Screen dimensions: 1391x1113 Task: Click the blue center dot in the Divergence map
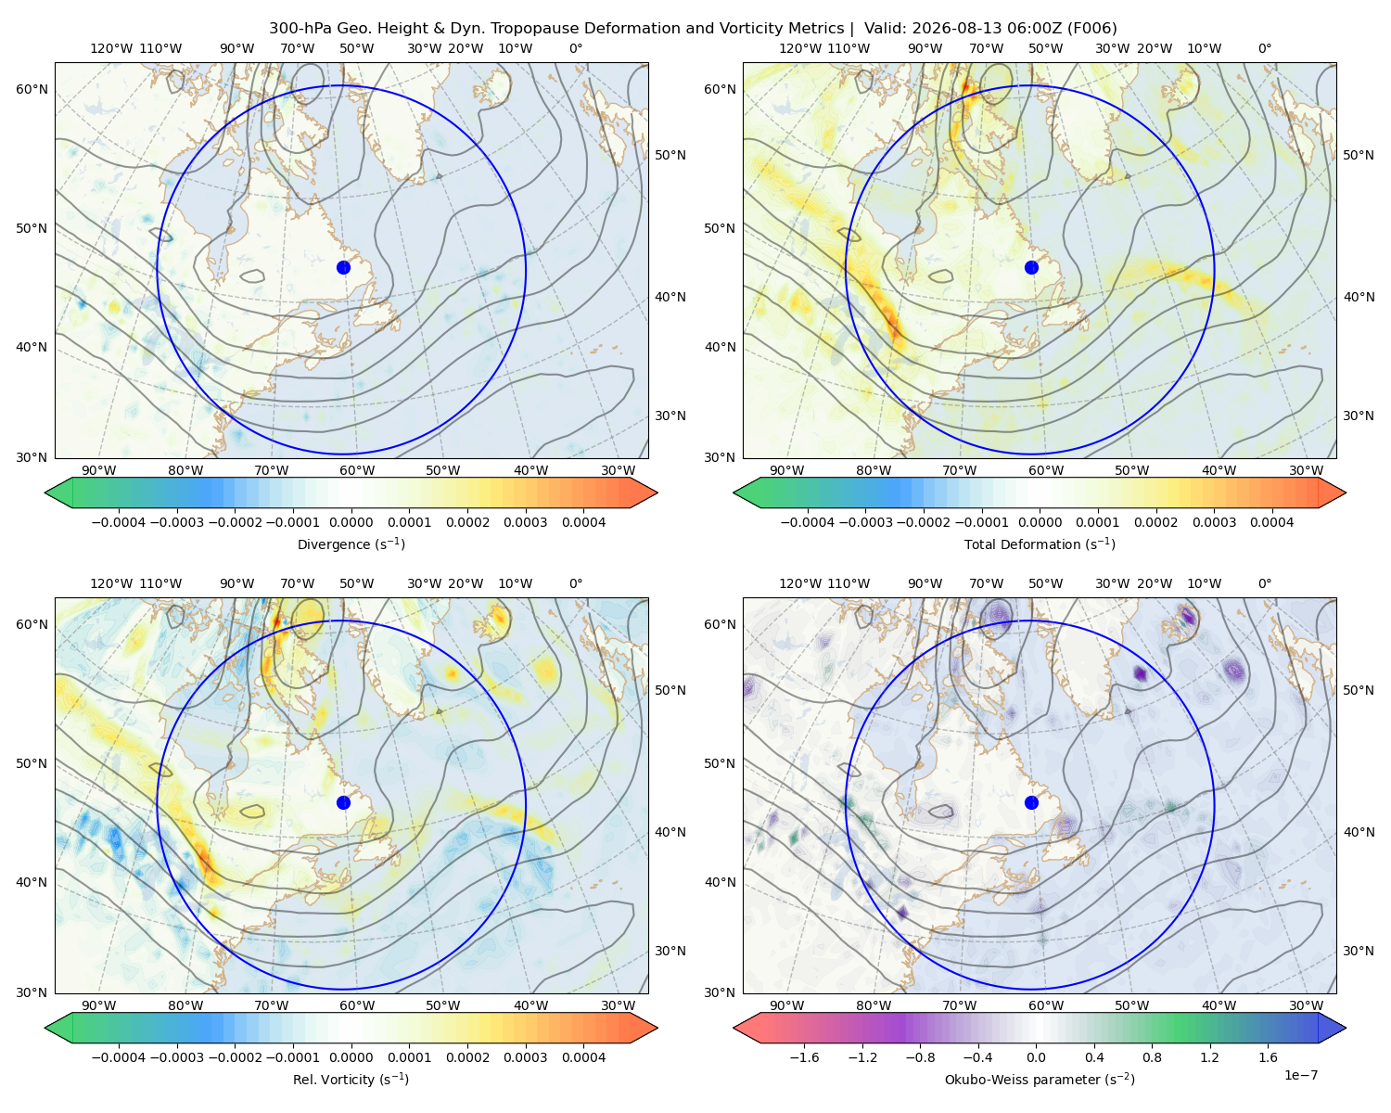(343, 268)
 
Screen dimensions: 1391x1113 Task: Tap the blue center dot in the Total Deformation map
(1031, 268)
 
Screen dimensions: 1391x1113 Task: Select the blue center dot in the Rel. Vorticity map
(343, 802)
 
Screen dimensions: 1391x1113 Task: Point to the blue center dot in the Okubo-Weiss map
(1031, 802)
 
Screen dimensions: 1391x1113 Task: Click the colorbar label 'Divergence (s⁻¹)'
(351, 544)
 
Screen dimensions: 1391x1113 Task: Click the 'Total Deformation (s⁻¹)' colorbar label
(1040, 544)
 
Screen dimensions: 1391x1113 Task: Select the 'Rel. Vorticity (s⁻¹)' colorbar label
(351, 1080)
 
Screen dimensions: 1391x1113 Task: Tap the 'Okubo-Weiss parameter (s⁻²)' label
(1040, 1080)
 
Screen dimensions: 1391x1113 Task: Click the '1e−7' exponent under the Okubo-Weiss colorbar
(1300, 1075)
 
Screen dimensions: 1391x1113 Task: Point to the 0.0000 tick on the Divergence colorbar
(351, 522)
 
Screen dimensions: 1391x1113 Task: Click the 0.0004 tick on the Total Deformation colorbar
(1272, 522)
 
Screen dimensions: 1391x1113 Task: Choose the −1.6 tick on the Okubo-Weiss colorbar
(805, 1057)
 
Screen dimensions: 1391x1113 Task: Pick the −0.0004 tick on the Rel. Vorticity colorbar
(119, 1057)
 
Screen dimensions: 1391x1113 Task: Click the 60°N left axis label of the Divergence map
(32, 89)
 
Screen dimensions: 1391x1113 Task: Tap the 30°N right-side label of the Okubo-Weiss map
(1359, 951)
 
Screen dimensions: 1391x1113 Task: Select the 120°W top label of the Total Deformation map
(800, 48)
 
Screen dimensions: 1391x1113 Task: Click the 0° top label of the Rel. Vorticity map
(576, 583)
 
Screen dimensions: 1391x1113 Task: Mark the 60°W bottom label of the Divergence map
(357, 471)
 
